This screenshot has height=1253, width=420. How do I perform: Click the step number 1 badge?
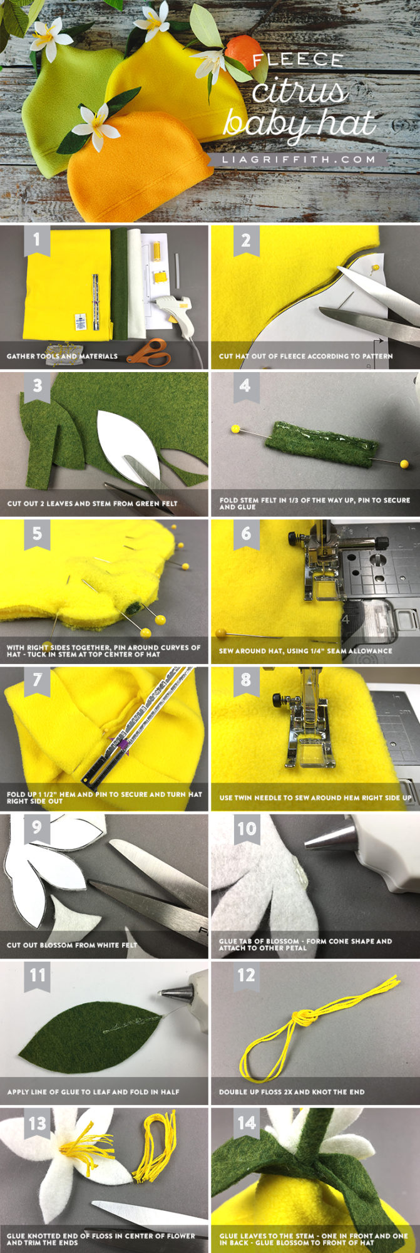coord(37,241)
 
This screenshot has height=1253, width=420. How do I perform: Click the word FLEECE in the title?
coord(298,60)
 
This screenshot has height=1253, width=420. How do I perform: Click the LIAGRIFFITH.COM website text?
coord(299,160)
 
